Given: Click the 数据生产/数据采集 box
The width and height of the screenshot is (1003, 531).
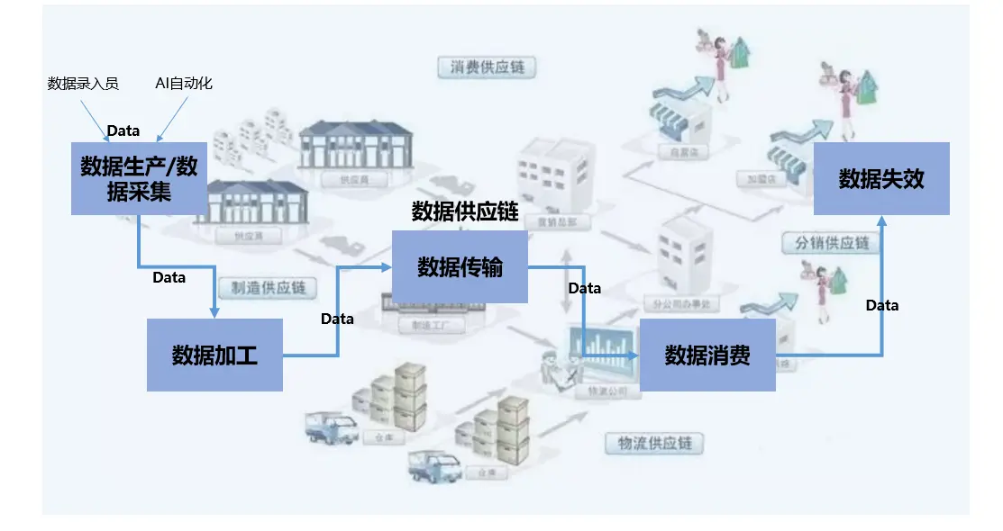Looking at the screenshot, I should pos(139,177).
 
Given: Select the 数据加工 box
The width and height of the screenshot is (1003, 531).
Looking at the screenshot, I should pos(214,355).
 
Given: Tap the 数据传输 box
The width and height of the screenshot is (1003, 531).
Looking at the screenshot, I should pos(460,266).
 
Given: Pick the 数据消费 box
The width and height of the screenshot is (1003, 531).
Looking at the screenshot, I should pos(707,355).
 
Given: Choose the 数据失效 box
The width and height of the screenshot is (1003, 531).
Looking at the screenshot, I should pos(881,178).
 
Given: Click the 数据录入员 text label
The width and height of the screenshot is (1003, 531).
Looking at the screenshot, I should pos(83,84).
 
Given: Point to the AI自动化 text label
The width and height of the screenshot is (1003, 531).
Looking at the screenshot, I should pos(184,84).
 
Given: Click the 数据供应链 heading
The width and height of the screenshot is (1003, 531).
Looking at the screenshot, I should pos(465,211).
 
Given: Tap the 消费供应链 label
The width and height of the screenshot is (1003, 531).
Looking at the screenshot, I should pos(487,67).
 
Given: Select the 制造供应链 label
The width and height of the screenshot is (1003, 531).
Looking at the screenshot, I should pos(269,289).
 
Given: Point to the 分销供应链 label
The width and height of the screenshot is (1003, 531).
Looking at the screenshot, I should pos(832,243).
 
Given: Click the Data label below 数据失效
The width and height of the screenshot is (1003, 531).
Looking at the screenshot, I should pos(882,305).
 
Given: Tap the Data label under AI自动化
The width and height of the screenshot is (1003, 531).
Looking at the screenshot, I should pos(123,130).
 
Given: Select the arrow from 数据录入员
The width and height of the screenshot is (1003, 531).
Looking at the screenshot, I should pos(95,119).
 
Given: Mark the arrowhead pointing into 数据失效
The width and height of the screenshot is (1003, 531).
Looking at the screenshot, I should pos(882,220).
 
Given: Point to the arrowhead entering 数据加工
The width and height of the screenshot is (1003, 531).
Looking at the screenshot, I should pos(214,312).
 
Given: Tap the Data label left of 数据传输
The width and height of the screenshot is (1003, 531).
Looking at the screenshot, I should pos(337,319).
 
